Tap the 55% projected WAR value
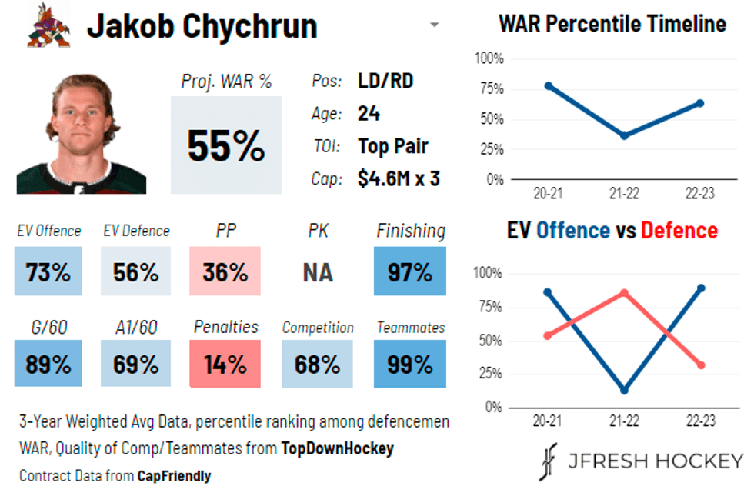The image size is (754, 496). pyautogui.click(x=225, y=145)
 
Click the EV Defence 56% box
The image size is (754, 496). pyautogui.click(x=135, y=271)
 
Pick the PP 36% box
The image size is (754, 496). pyautogui.click(x=225, y=271)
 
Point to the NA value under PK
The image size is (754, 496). pyautogui.click(x=317, y=272)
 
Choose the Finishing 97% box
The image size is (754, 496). pyautogui.click(x=410, y=271)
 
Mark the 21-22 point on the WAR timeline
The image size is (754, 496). pyautogui.click(x=624, y=135)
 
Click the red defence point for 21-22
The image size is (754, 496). pyautogui.click(x=624, y=293)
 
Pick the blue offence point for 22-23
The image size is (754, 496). pyautogui.click(x=700, y=288)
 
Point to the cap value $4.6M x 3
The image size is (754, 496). pyautogui.click(x=399, y=179)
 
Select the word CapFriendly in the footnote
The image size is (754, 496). pyautogui.click(x=174, y=476)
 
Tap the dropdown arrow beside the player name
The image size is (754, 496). pyautogui.click(x=434, y=25)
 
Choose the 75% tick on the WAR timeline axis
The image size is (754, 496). pyautogui.click(x=490, y=88)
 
